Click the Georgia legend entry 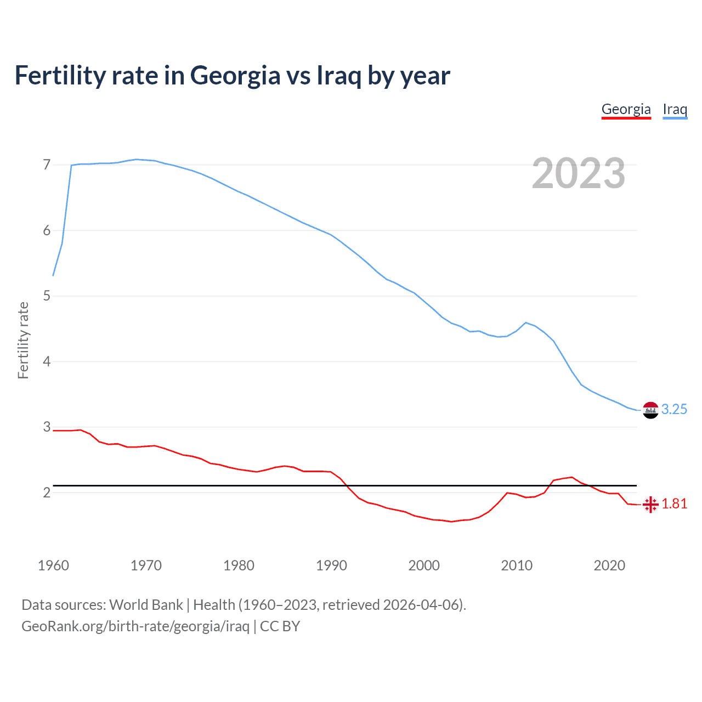(626, 109)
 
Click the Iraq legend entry (675, 109)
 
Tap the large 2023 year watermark (578, 173)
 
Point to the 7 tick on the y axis (47, 165)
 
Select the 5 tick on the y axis (47, 296)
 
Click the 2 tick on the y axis (47, 492)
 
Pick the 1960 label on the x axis (53, 565)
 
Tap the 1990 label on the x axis (331, 565)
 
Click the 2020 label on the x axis (609, 565)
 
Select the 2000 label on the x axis (424, 565)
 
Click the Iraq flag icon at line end (650, 410)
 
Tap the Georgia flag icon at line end (650, 504)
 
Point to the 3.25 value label (674, 410)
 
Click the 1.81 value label (674, 504)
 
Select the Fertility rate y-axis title (23, 340)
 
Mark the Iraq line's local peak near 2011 (526, 322)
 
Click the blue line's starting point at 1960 (53, 275)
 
